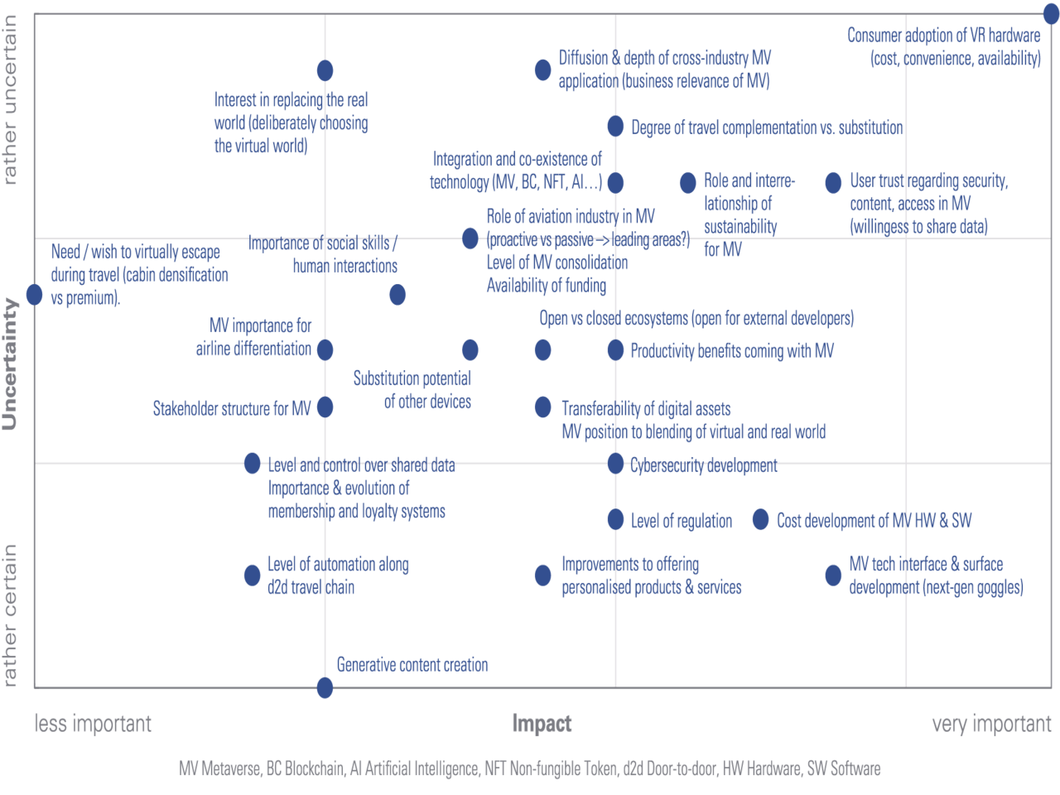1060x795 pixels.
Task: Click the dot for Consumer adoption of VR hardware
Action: (x=1050, y=14)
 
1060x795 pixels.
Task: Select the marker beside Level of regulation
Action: (x=615, y=519)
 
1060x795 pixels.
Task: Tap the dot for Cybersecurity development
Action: (x=615, y=464)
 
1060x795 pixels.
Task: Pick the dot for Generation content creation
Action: (x=325, y=687)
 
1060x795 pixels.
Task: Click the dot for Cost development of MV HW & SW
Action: (x=760, y=519)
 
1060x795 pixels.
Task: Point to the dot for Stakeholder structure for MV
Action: (x=325, y=407)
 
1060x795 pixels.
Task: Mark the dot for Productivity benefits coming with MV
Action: (x=615, y=349)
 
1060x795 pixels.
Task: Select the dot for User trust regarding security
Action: (x=833, y=183)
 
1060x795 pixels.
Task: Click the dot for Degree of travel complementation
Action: (x=615, y=126)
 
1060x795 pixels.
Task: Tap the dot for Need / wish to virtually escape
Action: (x=34, y=294)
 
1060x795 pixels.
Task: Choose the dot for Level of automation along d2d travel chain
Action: (x=253, y=575)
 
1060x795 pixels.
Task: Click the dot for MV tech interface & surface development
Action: (x=833, y=575)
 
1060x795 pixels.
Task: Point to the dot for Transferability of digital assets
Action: (x=542, y=407)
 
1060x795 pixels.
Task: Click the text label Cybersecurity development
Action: (x=703, y=465)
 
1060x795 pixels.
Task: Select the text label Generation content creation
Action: (x=412, y=664)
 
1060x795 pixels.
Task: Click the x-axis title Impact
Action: (x=542, y=724)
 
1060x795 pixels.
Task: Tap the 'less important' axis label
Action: (x=93, y=724)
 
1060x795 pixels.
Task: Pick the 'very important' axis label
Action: (x=991, y=724)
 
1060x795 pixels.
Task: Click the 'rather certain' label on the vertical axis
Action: (x=10, y=614)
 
